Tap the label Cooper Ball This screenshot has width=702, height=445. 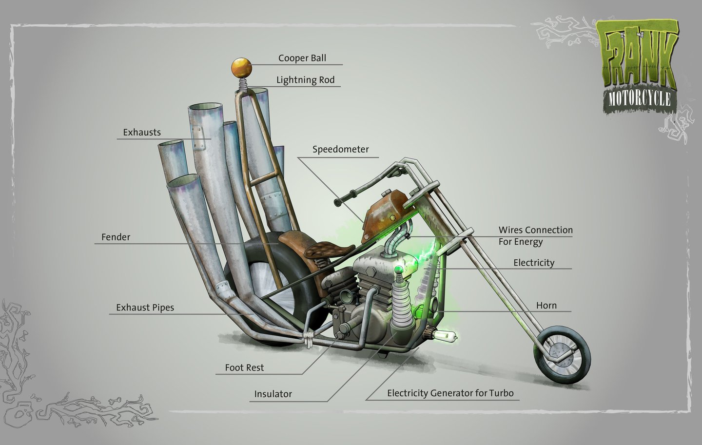tap(302, 58)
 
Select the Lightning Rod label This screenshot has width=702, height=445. tap(305, 80)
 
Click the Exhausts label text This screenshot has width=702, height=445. tap(142, 132)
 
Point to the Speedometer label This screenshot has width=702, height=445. tap(341, 149)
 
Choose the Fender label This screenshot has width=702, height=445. tap(116, 237)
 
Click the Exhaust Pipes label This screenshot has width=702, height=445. tap(145, 308)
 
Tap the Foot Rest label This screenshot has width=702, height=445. tap(244, 368)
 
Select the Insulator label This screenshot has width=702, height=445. tap(273, 394)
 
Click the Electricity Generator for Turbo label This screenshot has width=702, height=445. tap(450, 393)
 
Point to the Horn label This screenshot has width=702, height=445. tap(546, 306)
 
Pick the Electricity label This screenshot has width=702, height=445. tap(534, 263)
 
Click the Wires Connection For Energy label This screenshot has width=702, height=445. tap(535, 235)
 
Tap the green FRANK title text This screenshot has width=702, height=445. tap(637, 56)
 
